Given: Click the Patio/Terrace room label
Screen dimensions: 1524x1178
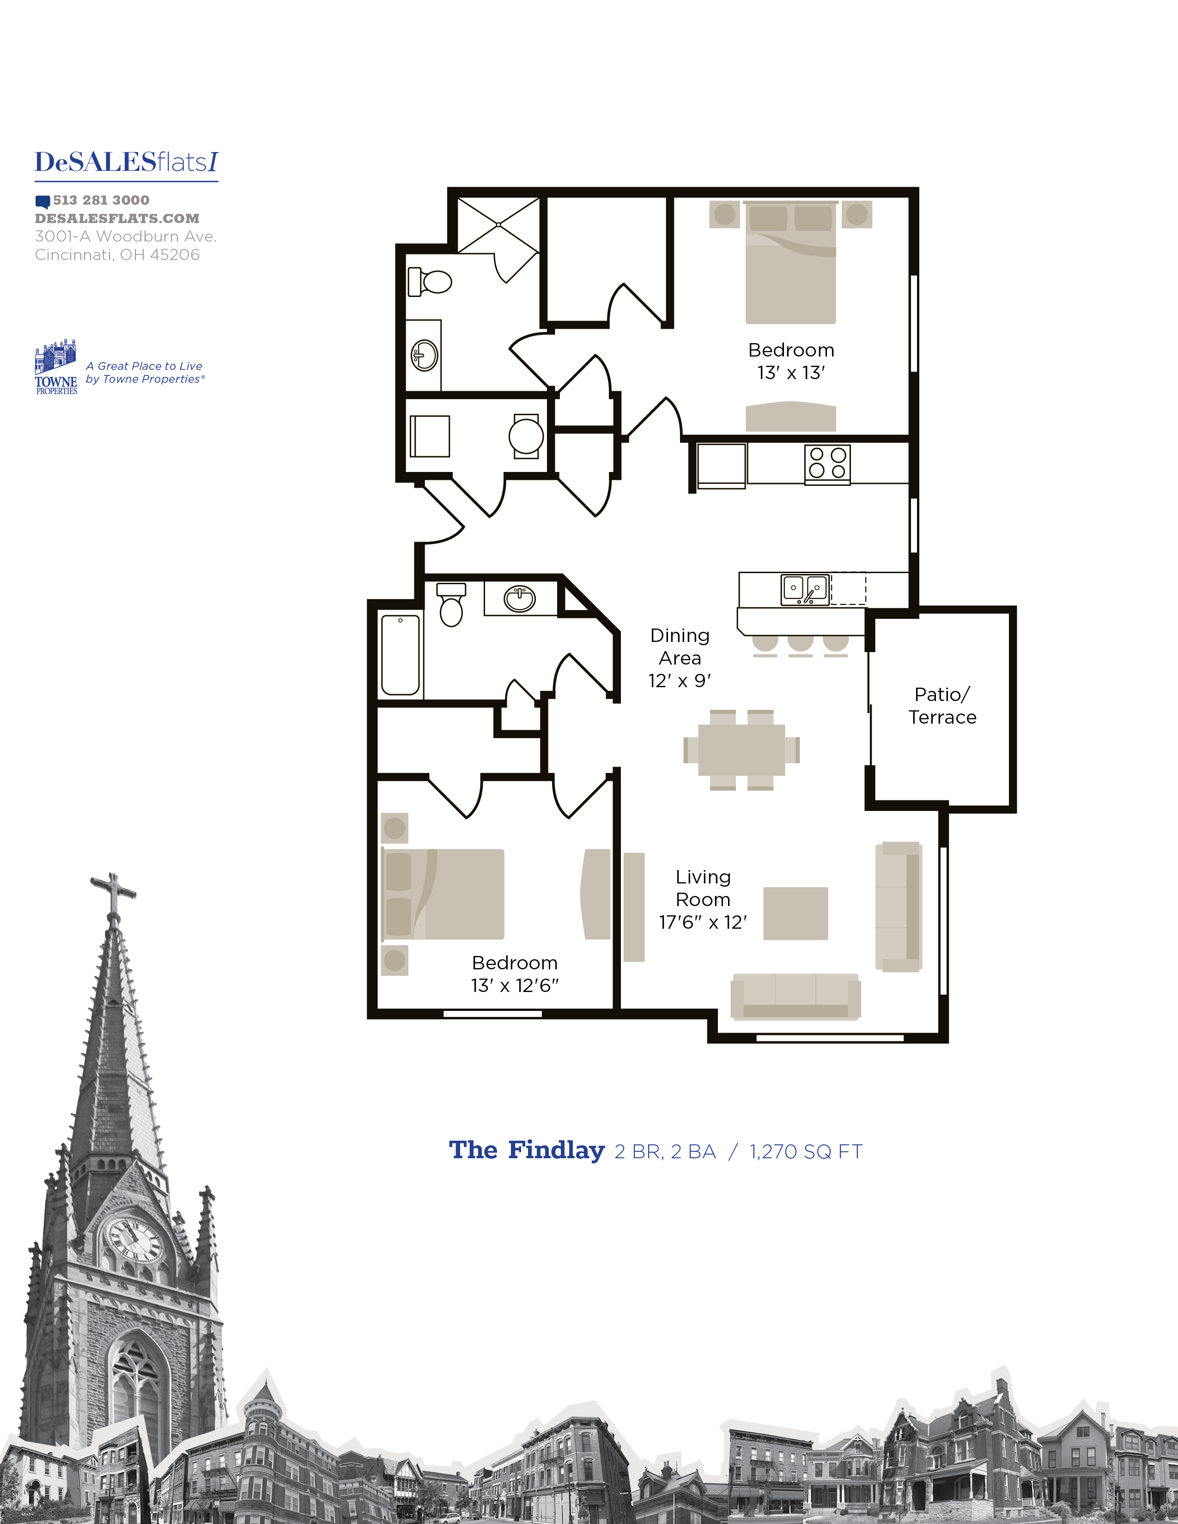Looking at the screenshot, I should click(942, 706).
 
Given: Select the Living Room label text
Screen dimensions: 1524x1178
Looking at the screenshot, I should click(703, 888).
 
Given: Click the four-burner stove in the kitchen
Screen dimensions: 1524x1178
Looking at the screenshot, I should click(827, 463).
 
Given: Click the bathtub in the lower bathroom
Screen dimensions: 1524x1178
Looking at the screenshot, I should click(401, 654).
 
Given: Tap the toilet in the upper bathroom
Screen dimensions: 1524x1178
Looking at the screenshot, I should click(431, 282).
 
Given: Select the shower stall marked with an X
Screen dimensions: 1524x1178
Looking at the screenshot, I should click(498, 225).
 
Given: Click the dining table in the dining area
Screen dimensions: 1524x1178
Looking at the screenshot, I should click(741, 750).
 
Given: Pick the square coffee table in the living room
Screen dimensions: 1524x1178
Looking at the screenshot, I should click(795, 913).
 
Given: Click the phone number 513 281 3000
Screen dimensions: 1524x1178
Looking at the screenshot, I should click(101, 200).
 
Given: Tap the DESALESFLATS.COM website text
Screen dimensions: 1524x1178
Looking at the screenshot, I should click(117, 218).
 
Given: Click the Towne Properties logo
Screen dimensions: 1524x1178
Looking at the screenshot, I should click(56, 368).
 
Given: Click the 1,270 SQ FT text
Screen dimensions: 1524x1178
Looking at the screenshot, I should click(806, 1152).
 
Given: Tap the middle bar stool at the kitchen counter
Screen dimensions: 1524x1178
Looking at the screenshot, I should click(801, 644).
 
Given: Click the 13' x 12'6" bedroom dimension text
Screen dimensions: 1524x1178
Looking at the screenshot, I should click(515, 986).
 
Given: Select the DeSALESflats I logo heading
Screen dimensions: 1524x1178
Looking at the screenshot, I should click(126, 163).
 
